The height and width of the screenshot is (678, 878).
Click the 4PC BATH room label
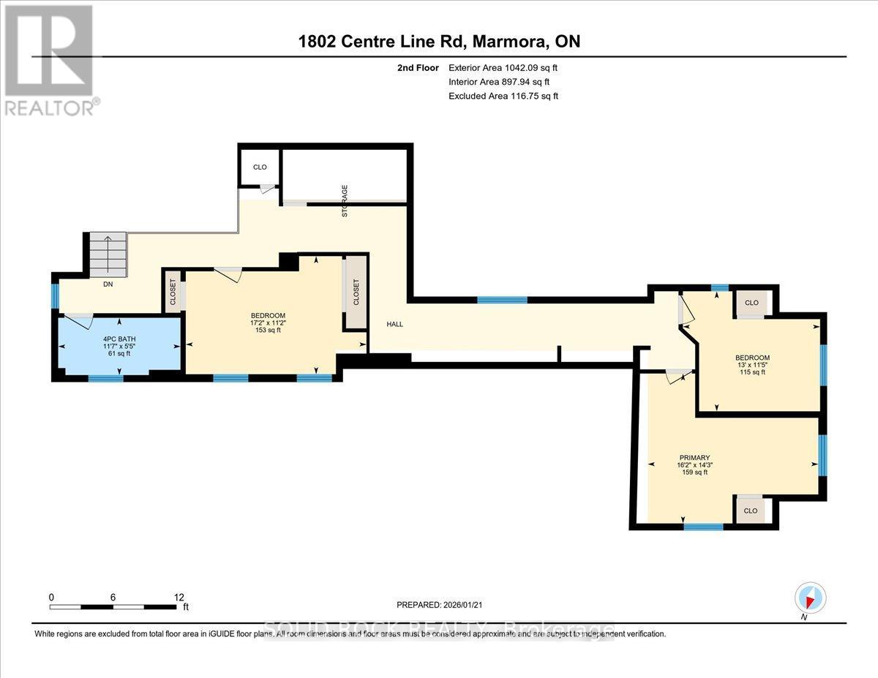point(118,339)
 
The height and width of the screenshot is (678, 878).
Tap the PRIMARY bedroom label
point(694,458)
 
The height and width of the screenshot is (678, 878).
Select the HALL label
point(395,324)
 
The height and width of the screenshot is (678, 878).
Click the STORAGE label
point(345,202)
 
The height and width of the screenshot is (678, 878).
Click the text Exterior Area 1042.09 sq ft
point(508,68)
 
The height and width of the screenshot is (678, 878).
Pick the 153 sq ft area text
point(266,330)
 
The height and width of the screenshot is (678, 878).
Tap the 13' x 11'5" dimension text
point(751,365)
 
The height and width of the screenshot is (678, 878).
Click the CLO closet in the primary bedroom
point(751,511)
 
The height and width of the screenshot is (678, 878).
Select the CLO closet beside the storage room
point(260,167)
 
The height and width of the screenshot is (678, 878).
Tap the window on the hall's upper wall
point(502,300)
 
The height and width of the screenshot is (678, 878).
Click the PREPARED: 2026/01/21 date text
point(439,605)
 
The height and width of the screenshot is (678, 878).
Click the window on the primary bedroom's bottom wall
point(703,527)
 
